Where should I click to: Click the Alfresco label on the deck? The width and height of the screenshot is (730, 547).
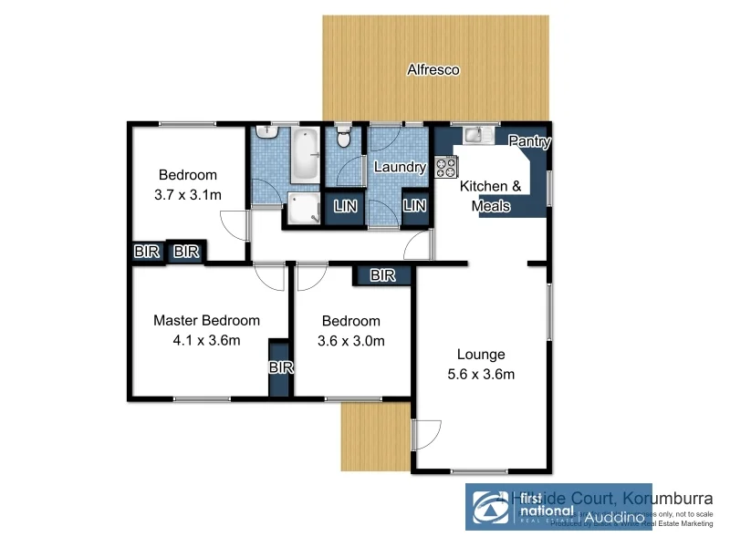tap(433, 69)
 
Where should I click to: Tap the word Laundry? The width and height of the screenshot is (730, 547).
tap(400, 167)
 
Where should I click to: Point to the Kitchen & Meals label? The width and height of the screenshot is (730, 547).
tap(490, 196)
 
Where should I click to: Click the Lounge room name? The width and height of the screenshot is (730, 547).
tap(480, 355)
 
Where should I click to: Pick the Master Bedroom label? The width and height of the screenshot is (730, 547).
tap(206, 320)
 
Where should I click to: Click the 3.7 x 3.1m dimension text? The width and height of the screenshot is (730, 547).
tap(188, 194)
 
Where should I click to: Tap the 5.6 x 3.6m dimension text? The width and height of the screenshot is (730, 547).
tap(480, 375)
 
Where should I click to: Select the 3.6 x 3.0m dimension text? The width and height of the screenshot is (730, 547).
tap(351, 341)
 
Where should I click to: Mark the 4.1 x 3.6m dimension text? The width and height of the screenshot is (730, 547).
tap(206, 341)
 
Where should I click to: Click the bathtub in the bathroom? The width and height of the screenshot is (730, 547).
tap(304, 155)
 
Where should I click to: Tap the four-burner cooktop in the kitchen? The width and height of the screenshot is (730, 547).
tap(446, 167)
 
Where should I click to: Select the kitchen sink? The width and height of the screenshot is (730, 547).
tap(474, 136)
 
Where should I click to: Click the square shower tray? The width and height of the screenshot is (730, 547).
tap(301, 209)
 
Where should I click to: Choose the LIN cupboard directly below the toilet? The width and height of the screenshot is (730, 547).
tap(346, 207)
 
